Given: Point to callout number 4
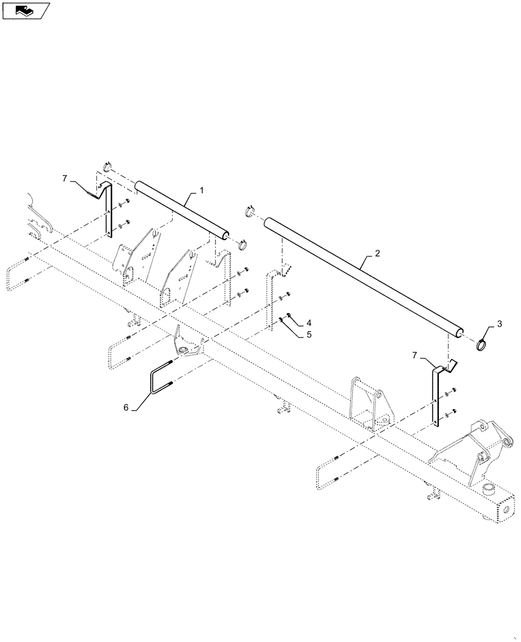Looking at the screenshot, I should tap(309, 322).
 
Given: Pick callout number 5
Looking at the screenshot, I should tap(309, 334).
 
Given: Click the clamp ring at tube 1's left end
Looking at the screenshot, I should tap(107, 169).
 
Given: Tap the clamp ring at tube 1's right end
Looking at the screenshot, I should tap(243, 245).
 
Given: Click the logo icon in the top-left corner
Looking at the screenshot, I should tap(26, 11).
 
